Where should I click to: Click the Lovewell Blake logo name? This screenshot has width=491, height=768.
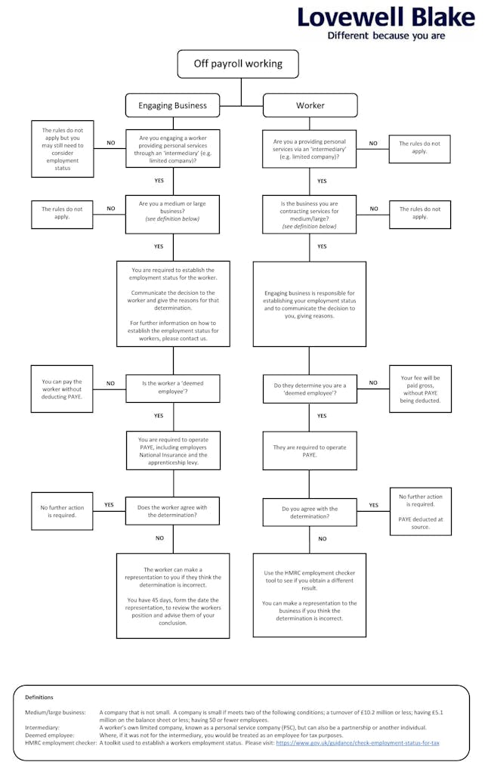click(386, 17)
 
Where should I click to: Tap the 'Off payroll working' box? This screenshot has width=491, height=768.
click(238, 63)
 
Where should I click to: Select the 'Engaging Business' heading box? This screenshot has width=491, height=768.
click(172, 105)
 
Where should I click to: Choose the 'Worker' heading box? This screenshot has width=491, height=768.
click(310, 105)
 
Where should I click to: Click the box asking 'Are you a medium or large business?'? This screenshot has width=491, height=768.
click(172, 214)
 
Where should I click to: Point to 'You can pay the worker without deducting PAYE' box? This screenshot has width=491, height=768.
click(62, 389)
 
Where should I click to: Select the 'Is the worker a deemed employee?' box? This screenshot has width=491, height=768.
click(173, 389)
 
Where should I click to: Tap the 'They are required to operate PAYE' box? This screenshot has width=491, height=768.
click(310, 451)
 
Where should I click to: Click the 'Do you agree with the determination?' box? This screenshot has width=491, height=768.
click(310, 513)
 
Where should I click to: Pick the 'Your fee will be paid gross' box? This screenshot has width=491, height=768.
click(420, 389)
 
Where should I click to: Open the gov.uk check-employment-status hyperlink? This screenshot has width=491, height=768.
click(357, 742)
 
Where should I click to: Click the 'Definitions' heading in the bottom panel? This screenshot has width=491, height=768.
click(39, 697)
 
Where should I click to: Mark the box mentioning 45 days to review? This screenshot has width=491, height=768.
click(173, 596)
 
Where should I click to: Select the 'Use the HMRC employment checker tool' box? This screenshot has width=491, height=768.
click(310, 595)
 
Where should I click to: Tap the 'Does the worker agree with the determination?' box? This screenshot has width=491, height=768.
click(172, 511)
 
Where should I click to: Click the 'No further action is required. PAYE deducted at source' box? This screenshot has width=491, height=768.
click(420, 511)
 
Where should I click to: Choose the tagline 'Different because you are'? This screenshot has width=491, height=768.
click(386, 36)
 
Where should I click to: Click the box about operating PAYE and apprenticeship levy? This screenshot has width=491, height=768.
click(173, 451)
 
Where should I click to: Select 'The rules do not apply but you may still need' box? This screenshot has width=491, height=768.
click(62, 149)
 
